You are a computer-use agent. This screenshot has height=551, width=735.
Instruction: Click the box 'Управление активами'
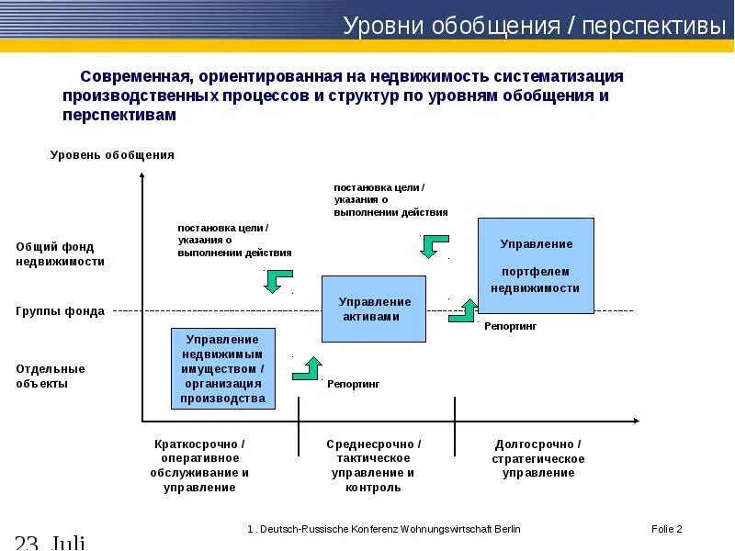tap(374, 309)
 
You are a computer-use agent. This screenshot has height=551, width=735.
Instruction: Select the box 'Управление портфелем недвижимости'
tap(536, 265)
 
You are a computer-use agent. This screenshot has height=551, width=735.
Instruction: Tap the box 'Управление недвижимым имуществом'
tap(224, 368)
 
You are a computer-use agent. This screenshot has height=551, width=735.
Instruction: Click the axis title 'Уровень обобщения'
tap(112, 155)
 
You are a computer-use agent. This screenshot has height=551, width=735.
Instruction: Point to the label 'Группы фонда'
tap(61, 311)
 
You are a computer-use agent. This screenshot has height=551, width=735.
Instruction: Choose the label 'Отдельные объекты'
tap(51, 377)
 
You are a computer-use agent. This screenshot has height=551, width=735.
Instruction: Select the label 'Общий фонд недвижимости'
tap(61, 253)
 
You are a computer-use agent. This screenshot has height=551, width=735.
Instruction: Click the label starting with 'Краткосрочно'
tap(199, 466)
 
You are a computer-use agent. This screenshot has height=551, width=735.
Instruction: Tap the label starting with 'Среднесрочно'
tap(374, 466)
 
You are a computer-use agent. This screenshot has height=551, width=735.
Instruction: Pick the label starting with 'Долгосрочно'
tap(538, 458)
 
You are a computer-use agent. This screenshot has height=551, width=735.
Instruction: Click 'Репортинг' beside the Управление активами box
tap(354, 384)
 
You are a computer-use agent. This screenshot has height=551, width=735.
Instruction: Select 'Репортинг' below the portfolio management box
tap(510, 326)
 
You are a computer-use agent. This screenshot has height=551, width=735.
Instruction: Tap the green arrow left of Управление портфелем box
tap(463, 309)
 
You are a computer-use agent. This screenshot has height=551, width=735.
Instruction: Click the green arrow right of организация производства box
tap(307, 368)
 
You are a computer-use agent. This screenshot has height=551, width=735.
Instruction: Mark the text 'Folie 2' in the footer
tap(666, 530)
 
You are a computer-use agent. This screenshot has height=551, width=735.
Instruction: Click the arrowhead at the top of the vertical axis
tap(142, 177)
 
